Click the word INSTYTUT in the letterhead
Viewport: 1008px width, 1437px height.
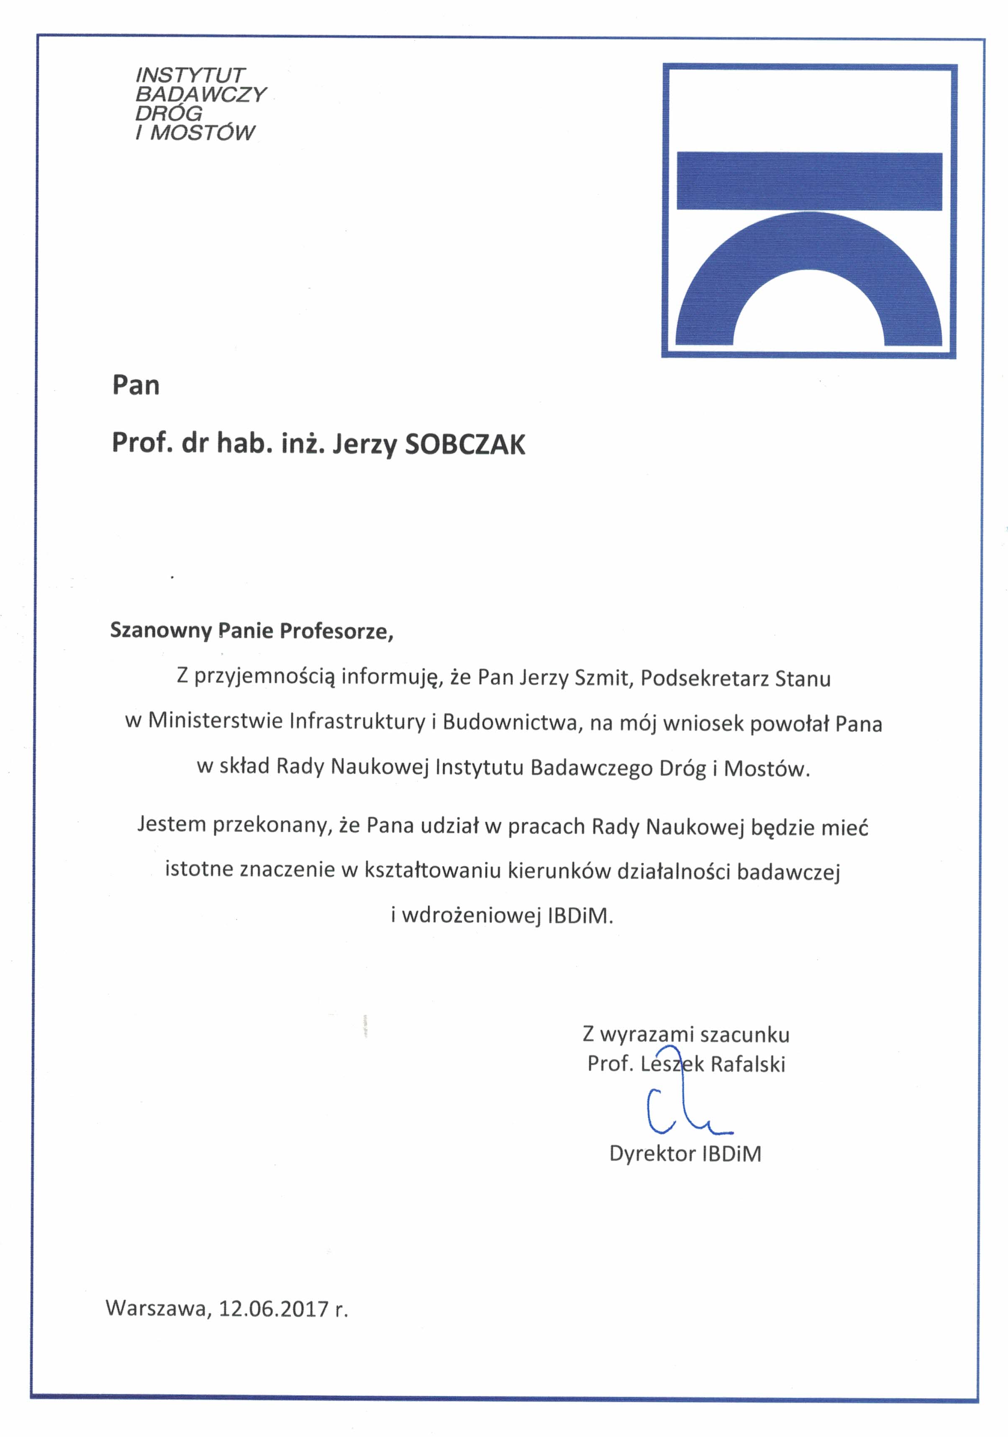click(x=190, y=75)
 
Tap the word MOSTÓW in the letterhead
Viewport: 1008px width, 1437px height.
click(x=202, y=133)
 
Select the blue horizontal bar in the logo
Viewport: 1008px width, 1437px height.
click(x=809, y=181)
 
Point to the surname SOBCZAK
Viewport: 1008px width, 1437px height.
click(x=465, y=445)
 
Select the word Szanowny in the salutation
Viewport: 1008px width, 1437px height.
click(x=161, y=630)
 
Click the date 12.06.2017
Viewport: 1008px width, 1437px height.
click(x=274, y=1309)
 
